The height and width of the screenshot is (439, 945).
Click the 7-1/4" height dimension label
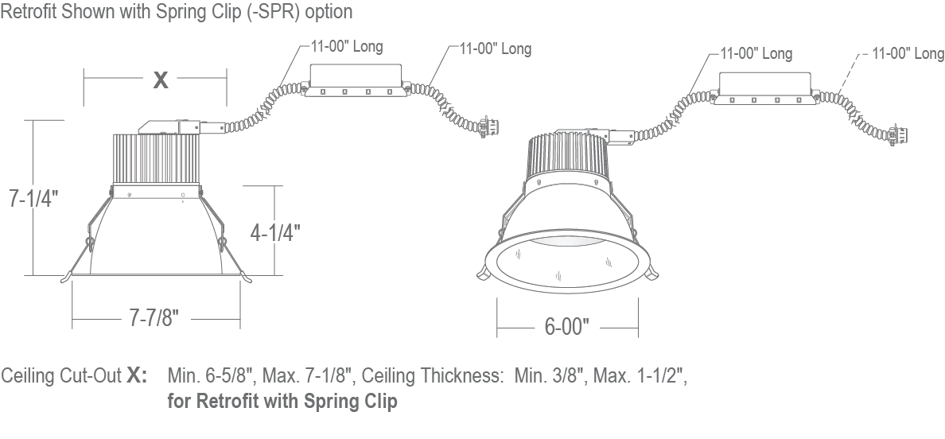coord(33,198)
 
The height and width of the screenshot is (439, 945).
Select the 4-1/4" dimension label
coord(275,232)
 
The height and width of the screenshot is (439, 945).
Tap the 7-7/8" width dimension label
coord(154,318)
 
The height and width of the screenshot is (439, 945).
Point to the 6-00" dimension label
coord(566,326)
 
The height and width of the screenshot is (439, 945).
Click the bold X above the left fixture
coord(161,80)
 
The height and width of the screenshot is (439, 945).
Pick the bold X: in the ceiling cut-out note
coord(136,375)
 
